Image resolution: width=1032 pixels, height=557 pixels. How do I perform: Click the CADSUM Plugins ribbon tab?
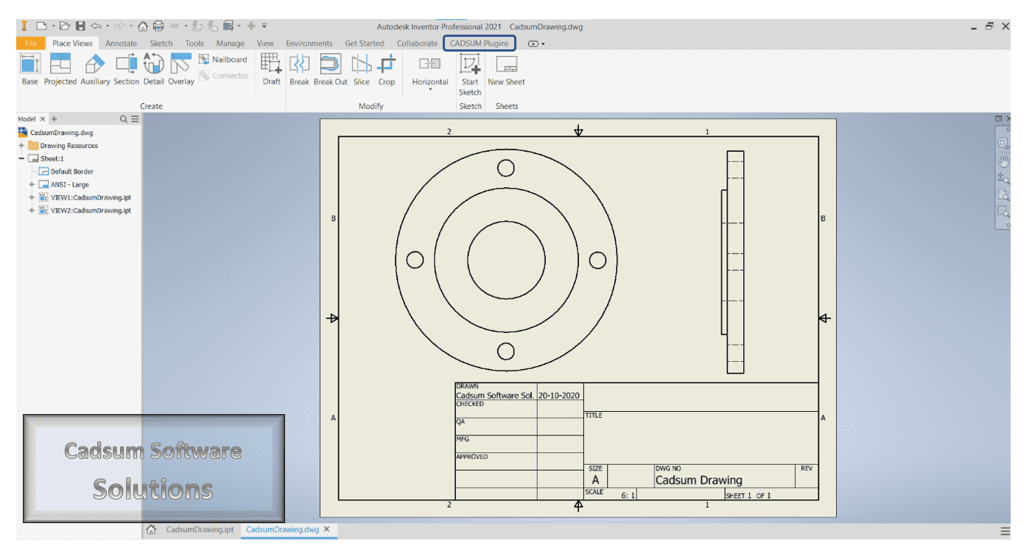pyautogui.click(x=479, y=43)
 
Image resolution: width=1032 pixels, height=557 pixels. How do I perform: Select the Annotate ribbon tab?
pyautogui.click(x=121, y=43)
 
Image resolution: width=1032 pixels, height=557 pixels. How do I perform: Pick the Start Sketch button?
pyautogui.click(x=470, y=74)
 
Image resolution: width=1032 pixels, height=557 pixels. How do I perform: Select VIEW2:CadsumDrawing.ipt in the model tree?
pyautogui.click(x=91, y=211)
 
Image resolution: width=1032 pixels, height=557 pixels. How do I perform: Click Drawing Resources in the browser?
pyautogui.click(x=69, y=146)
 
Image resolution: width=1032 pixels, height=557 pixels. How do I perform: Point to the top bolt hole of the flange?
pyautogui.click(x=505, y=169)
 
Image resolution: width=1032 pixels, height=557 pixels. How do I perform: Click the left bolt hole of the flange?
pyautogui.click(x=415, y=260)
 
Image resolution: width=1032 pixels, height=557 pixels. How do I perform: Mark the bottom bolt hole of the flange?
pyautogui.click(x=505, y=351)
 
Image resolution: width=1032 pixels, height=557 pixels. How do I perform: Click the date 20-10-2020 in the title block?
pyautogui.click(x=559, y=396)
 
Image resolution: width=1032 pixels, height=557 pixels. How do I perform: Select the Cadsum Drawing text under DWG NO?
pyautogui.click(x=698, y=480)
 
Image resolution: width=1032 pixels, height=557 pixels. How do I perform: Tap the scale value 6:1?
pyautogui.click(x=628, y=495)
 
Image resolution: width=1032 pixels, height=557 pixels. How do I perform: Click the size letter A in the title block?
pyautogui.click(x=596, y=480)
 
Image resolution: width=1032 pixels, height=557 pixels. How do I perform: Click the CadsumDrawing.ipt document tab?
pyautogui.click(x=200, y=530)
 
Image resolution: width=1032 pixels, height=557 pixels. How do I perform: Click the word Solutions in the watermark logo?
pyautogui.click(x=153, y=489)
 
